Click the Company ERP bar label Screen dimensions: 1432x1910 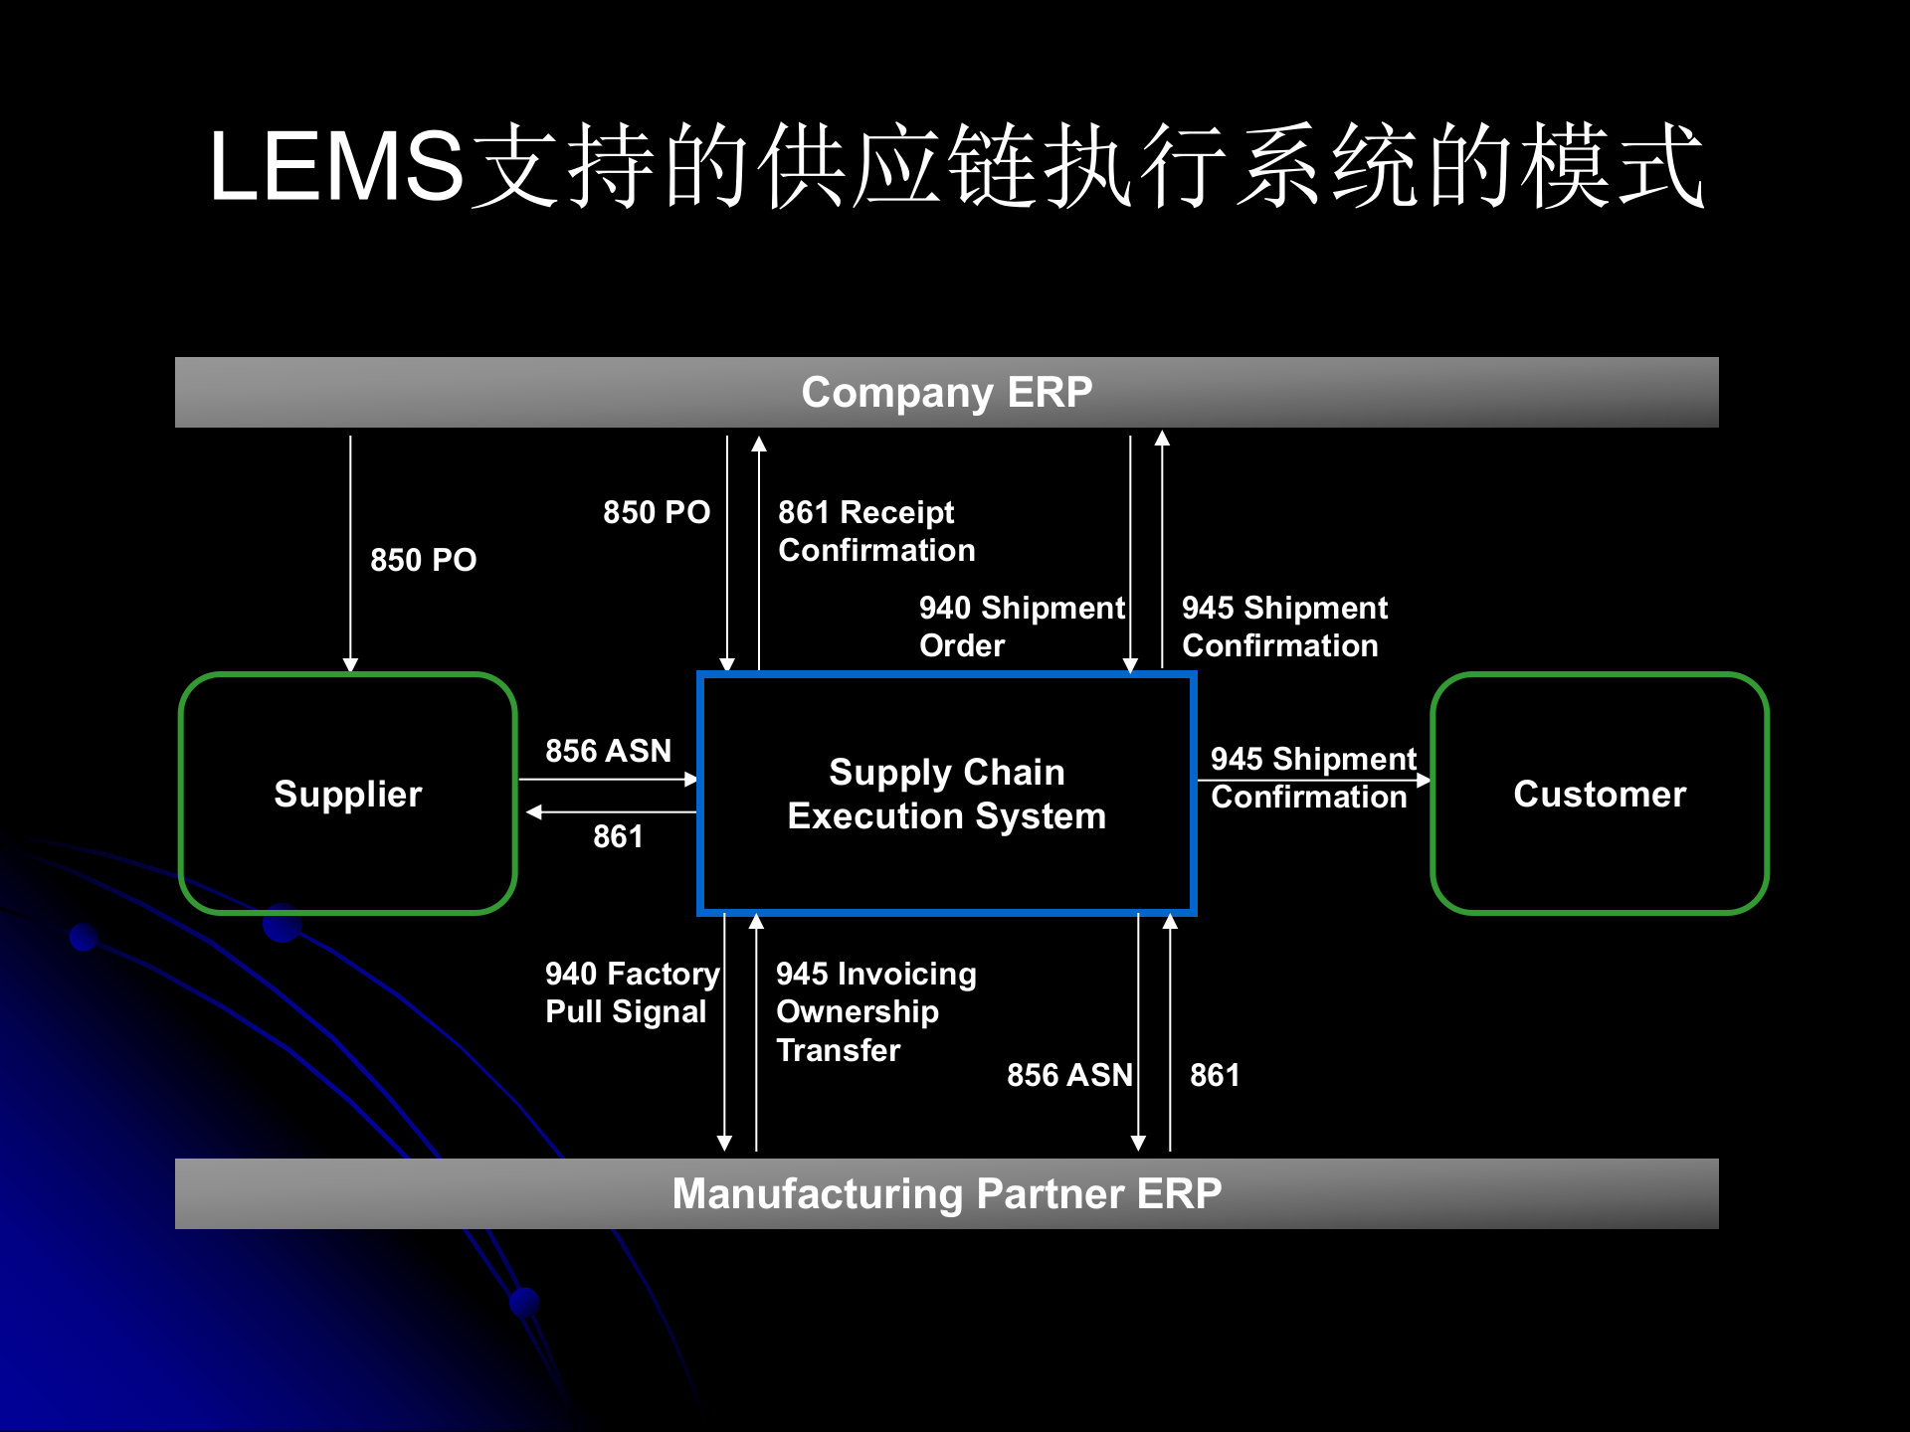946,392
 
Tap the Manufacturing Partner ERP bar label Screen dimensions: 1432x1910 946,1193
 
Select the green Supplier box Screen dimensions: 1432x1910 348,794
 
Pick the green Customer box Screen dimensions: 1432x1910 1599,794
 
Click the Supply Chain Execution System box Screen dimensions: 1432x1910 946,794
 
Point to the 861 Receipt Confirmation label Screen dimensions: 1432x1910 875,531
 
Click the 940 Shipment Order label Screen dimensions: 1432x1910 1021,626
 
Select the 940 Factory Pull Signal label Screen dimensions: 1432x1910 632,992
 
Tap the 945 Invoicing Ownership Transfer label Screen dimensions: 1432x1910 875,1011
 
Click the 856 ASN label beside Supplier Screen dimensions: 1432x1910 608,751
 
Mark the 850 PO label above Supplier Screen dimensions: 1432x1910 423,560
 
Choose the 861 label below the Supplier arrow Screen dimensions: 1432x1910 618,836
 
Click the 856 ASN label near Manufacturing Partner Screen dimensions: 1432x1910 1068,1075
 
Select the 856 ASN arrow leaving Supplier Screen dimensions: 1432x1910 608,780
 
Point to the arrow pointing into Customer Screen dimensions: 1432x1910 1313,781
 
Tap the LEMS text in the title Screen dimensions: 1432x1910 336,167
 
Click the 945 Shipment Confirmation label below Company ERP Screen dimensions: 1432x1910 1283,626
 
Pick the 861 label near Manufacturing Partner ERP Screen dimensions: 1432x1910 1215,1075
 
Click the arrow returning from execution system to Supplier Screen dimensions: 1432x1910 612,812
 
